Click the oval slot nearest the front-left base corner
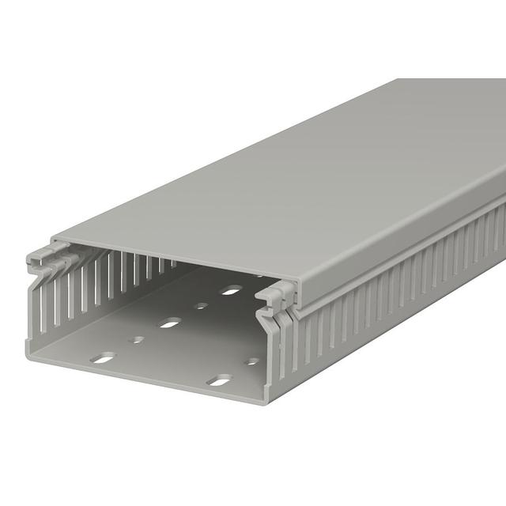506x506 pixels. [x=103, y=359]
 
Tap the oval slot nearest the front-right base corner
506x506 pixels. [x=219, y=379]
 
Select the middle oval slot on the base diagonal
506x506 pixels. [x=169, y=323]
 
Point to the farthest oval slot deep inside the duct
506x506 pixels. [x=231, y=290]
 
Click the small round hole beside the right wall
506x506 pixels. [x=251, y=361]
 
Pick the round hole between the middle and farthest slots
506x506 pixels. [x=201, y=305]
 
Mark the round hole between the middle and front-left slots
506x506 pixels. [x=137, y=340]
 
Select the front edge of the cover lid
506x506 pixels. [x=174, y=261]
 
